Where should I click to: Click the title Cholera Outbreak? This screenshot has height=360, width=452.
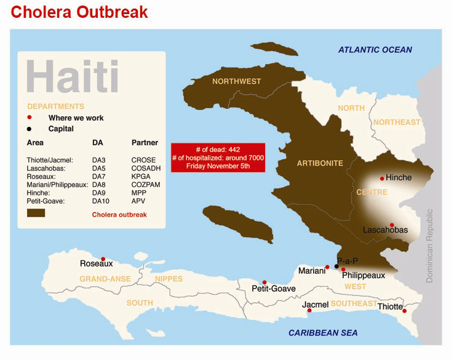pyautogui.click(x=79, y=12)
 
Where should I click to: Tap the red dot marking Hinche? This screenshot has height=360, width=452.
pyautogui.click(x=382, y=178)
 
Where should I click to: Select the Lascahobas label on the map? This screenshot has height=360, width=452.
pyautogui.click(x=385, y=230)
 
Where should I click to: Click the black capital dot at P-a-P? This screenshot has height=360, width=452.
pyautogui.click(x=336, y=266)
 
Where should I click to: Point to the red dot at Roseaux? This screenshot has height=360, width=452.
pyautogui.click(x=103, y=259)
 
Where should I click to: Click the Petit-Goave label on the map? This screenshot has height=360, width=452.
pyautogui.click(x=274, y=289)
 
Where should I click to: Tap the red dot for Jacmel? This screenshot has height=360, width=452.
pyautogui.click(x=309, y=310)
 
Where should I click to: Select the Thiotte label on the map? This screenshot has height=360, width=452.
pyautogui.click(x=390, y=306)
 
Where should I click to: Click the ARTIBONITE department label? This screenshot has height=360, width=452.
pyautogui.click(x=320, y=163)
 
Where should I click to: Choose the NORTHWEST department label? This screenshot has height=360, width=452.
pyautogui.click(x=236, y=81)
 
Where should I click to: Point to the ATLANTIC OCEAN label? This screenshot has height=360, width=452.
pyautogui.click(x=375, y=50)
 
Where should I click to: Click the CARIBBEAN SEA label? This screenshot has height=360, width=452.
pyautogui.click(x=323, y=333)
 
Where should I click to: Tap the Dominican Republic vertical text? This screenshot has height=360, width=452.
pyautogui.click(x=430, y=246)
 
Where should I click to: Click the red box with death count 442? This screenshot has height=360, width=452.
pyautogui.click(x=218, y=158)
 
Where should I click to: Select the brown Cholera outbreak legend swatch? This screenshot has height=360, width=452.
pyautogui.click(x=36, y=213)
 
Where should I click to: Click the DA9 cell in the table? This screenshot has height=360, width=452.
pyautogui.click(x=98, y=193)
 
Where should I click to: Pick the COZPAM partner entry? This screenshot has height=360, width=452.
pyautogui.click(x=145, y=185)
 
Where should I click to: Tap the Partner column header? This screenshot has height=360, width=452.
pyautogui.click(x=145, y=143)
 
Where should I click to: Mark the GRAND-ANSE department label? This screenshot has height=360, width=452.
pyautogui.click(x=105, y=279)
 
